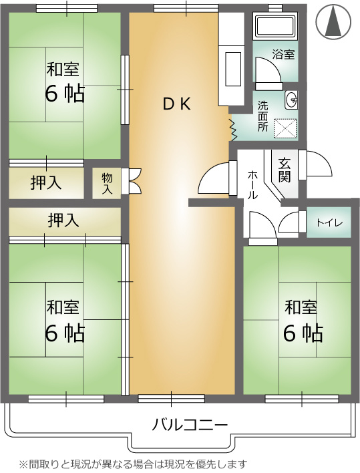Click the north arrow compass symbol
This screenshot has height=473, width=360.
tap(333, 21)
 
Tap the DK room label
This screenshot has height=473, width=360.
tap(177, 104)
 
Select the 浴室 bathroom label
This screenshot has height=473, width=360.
tap(283, 55)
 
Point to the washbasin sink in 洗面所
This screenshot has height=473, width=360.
tap(291, 100)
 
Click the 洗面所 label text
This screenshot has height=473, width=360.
tap(262, 116)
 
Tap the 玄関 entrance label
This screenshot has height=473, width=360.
tap(284, 170)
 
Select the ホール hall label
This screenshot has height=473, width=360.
tap(252, 184)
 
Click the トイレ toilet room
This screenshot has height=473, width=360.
tap(329, 223)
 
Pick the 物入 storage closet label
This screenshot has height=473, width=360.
tap(107, 184)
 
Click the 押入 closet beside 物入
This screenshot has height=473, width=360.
tap(46, 183)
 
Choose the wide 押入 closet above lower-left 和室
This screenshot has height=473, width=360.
tap(65, 221)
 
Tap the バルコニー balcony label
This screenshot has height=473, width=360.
tap(190, 426)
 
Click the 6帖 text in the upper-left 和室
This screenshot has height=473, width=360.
tap(65, 94)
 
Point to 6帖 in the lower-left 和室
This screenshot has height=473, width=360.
tap(65, 333)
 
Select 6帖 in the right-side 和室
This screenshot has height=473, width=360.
tap(303, 333)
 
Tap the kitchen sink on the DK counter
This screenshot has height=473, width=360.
tap(232, 69)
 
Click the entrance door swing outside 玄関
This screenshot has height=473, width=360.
tap(317, 164)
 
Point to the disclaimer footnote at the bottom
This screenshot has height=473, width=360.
tap(134, 464)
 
